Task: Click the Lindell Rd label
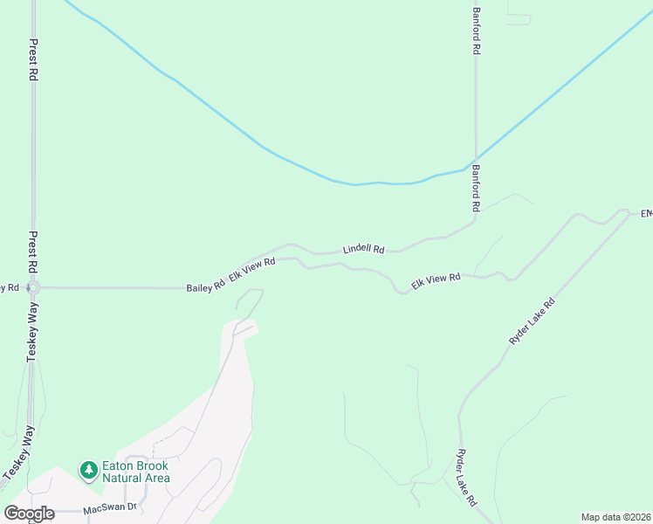click(363, 249)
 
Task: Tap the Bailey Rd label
click(205, 287)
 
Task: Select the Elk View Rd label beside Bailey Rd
click(252, 269)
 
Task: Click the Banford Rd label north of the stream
click(477, 32)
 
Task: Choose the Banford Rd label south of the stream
click(477, 189)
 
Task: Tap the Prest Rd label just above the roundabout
click(33, 255)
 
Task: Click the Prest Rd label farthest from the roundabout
click(33, 60)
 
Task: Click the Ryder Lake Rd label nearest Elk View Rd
click(532, 321)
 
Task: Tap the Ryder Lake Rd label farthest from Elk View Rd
click(465, 479)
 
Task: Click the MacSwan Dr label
click(111, 507)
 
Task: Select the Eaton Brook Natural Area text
click(135, 472)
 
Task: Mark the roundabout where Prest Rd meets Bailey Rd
click(33, 286)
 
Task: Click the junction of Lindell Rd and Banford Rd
click(475, 219)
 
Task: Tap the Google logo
click(29, 514)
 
